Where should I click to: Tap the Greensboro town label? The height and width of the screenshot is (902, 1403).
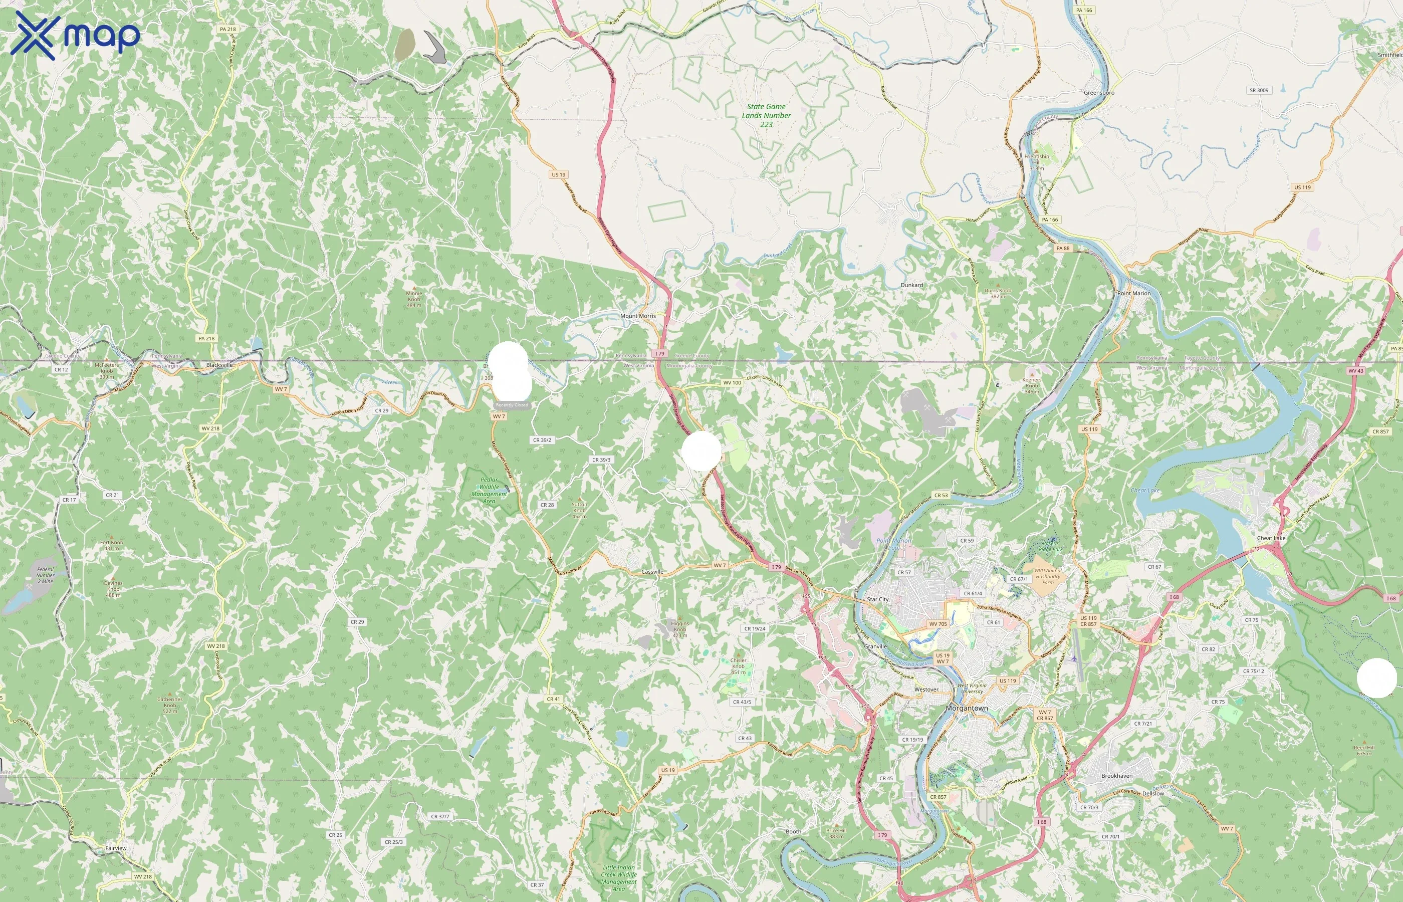(x=1098, y=93)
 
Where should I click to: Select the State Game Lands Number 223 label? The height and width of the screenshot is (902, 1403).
(x=766, y=115)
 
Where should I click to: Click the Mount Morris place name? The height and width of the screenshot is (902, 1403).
(x=638, y=316)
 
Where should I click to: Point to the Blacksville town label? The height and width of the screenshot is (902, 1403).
(x=219, y=365)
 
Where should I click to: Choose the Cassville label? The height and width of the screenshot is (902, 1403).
(x=652, y=572)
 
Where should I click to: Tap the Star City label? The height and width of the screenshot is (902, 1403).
(x=877, y=599)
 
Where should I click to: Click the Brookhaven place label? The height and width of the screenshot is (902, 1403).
(x=1117, y=776)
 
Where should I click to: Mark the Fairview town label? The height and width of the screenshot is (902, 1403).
(x=115, y=848)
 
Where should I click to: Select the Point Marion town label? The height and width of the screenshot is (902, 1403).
(x=1133, y=293)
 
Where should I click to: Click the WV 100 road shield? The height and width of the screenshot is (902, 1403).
(x=732, y=382)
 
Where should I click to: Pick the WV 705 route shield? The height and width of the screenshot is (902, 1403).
(x=938, y=624)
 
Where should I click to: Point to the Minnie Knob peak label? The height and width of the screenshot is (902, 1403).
(x=414, y=298)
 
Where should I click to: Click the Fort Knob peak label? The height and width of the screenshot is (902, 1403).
(x=111, y=545)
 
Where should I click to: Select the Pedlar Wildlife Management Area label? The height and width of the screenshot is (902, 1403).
(x=489, y=490)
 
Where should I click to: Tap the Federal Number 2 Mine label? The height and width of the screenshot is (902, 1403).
(x=45, y=575)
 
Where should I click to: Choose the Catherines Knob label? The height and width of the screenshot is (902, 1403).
(x=170, y=704)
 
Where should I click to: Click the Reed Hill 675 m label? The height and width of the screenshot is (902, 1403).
(x=1364, y=750)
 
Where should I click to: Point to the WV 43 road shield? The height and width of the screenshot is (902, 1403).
(x=1355, y=371)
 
